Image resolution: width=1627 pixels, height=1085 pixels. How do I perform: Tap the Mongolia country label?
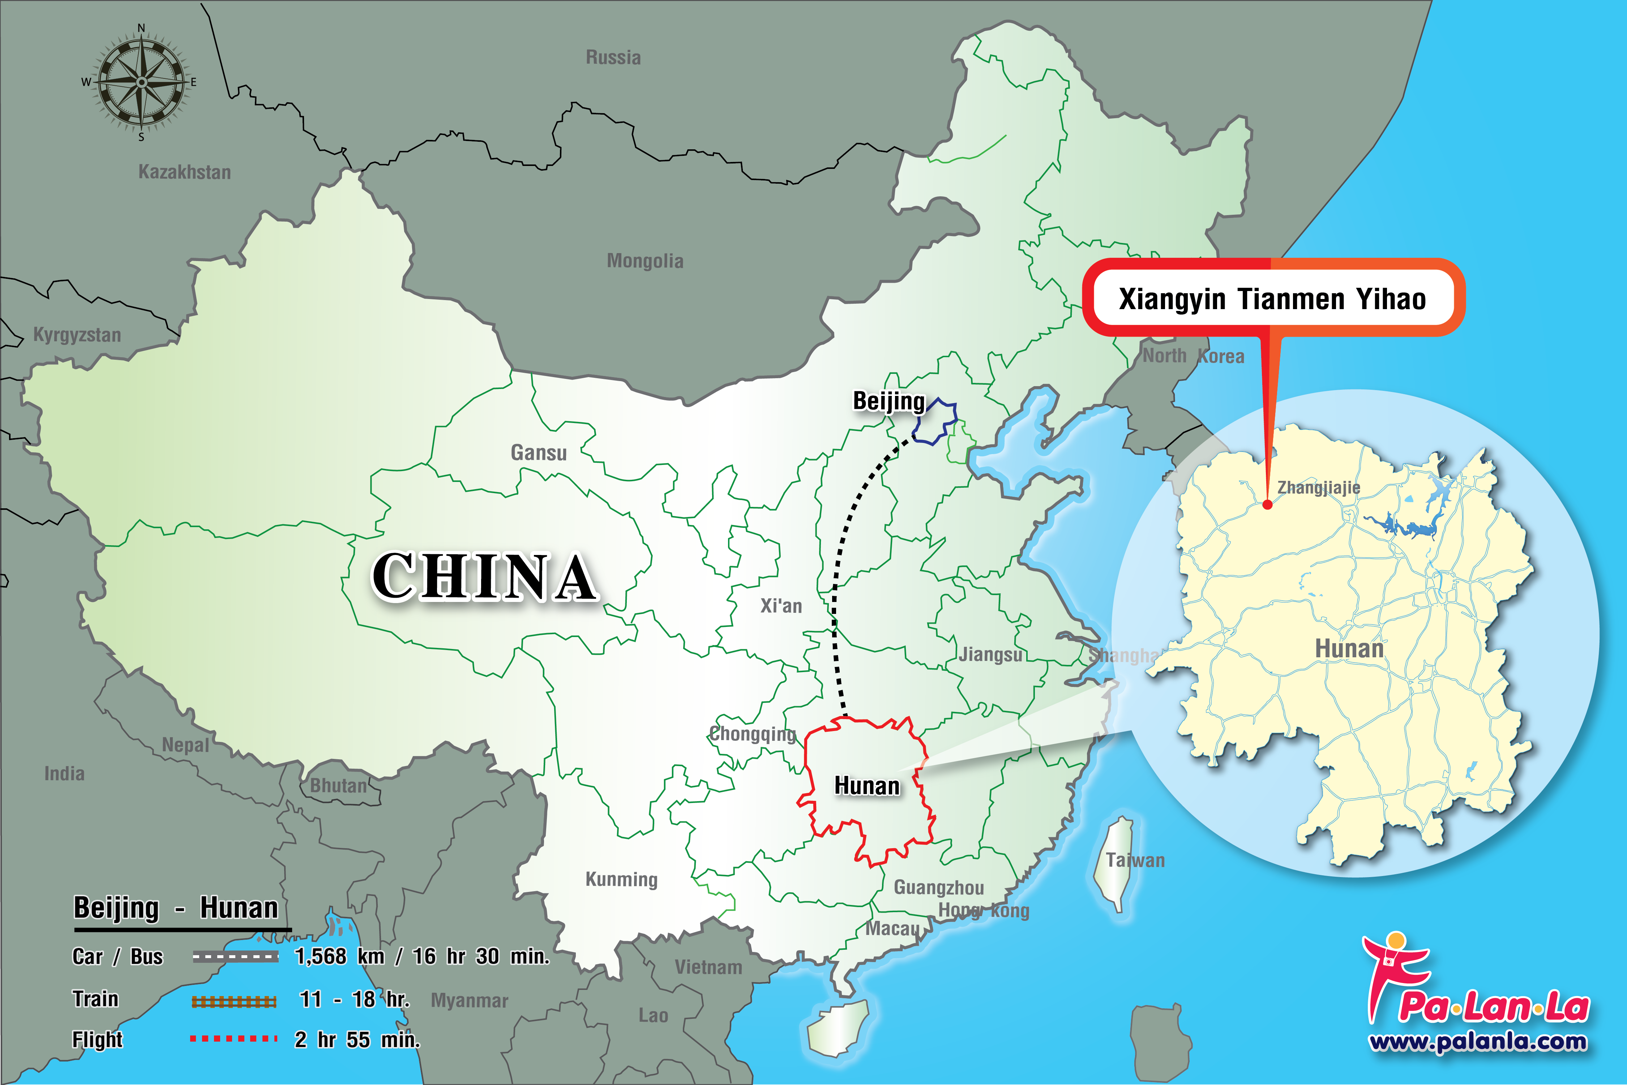pos(645,261)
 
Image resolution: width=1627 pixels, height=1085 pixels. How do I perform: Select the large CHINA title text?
pos(484,576)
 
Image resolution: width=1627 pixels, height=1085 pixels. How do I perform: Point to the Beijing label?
pos(888,401)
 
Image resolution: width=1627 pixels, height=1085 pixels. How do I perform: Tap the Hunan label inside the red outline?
pos(867,786)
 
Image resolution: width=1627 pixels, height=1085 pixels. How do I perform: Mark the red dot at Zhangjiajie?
pos(1267,504)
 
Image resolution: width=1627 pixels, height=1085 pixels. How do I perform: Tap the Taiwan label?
pos(1135,860)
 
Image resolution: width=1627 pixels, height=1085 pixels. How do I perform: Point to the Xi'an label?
pos(781,606)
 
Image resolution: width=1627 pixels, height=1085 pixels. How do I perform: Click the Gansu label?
pos(538,453)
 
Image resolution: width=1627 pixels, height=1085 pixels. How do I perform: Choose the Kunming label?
pos(621,880)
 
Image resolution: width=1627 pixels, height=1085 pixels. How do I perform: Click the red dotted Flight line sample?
pos(234,1039)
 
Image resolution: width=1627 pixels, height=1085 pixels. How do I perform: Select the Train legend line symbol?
pos(234,1001)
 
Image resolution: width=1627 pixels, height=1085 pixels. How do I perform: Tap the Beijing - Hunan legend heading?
pos(176,908)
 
